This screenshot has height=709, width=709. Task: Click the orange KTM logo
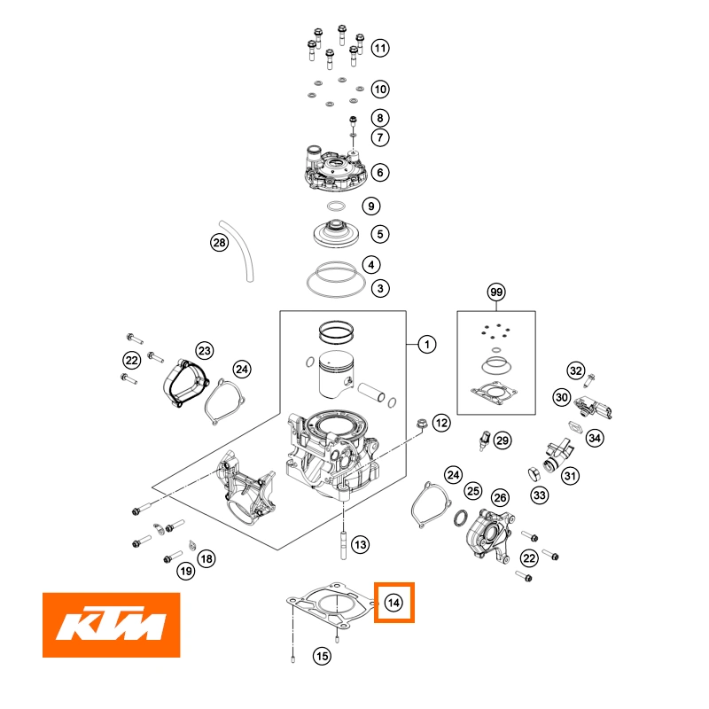point(111,625)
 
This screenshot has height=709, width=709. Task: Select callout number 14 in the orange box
point(393,604)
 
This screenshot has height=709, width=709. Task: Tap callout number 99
point(495,292)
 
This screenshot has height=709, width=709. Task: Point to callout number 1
point(426,344)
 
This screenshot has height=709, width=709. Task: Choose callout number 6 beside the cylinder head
point(379,173)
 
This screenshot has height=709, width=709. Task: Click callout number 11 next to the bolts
point(379,48)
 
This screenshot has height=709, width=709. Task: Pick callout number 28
point(219,242)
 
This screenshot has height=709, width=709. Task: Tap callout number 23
point(204,350)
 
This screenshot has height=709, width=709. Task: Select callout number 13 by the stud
point(359,543)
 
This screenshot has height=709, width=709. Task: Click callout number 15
point(322,656)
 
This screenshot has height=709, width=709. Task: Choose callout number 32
point(576,370)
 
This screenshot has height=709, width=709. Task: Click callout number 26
point(500,498)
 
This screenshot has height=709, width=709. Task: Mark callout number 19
point(185,572)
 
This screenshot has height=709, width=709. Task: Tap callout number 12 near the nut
point(440,422)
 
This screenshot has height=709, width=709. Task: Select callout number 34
point(594,438)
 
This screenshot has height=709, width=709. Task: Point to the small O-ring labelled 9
point(336,206)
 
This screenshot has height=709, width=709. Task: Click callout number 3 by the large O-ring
point(379,288)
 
